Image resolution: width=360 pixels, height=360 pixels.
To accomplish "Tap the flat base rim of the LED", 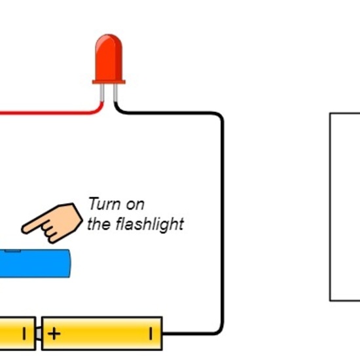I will pos(109,82).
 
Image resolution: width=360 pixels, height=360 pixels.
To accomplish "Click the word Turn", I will pos(101,204).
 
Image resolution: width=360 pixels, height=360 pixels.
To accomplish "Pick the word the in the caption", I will pos(99,225).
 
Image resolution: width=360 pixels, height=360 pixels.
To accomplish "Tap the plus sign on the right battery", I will pos(54,334).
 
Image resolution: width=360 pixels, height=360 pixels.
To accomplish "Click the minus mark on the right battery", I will pos(150,334).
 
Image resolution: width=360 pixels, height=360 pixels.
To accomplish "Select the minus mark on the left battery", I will pos(24,334).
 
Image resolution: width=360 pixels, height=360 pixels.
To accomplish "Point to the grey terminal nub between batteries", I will pos(39,334).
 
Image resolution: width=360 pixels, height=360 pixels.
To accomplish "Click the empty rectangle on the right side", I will pos(344,207).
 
